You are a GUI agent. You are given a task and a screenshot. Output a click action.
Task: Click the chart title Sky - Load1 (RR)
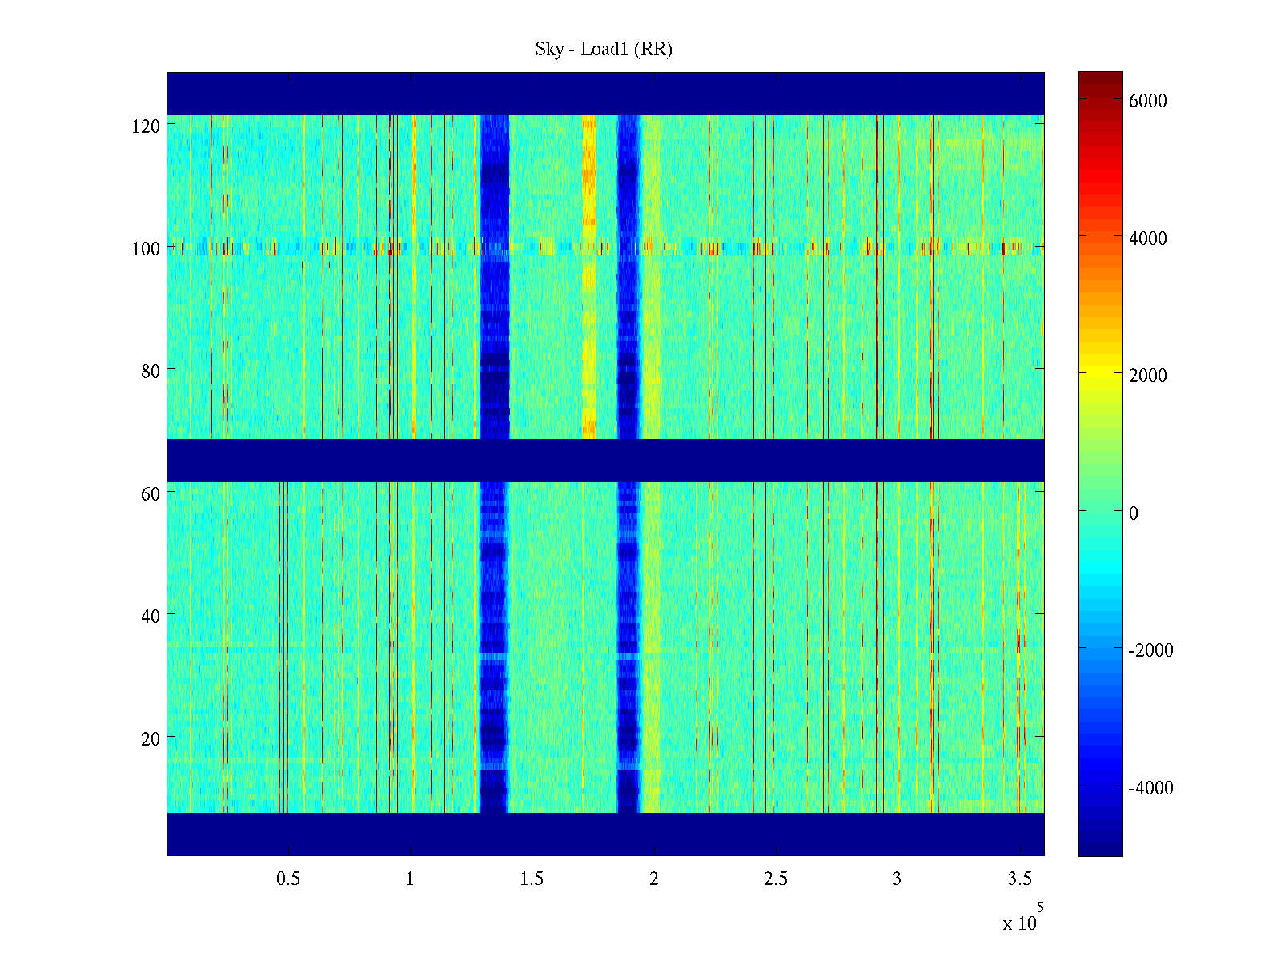[604, 50]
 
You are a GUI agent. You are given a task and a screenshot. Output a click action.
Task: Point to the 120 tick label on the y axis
[146, 127]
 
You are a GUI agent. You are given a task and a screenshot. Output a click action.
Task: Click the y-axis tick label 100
[146, 249]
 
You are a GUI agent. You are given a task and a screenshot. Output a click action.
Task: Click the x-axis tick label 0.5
[288, 879]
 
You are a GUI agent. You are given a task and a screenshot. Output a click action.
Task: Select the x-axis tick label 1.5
[532, 879]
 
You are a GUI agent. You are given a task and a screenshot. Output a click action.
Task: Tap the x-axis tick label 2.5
[775, 879]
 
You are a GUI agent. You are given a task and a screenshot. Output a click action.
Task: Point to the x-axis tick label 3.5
[1019, 879]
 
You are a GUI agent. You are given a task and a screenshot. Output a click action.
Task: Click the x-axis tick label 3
[897, 879]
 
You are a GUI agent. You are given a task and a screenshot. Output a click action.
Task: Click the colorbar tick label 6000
[1148, 101]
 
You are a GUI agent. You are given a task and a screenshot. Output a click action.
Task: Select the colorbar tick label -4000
[1150, 788]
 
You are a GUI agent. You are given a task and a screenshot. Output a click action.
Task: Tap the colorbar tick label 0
[1133, 513]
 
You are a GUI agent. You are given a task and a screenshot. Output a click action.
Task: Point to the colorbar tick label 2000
[1148, 376]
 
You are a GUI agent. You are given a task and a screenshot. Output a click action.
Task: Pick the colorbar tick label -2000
[1150, 650]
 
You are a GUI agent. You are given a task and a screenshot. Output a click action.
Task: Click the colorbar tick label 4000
[1148, 239]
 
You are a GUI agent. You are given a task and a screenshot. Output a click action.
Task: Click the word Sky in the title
[549, 50]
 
